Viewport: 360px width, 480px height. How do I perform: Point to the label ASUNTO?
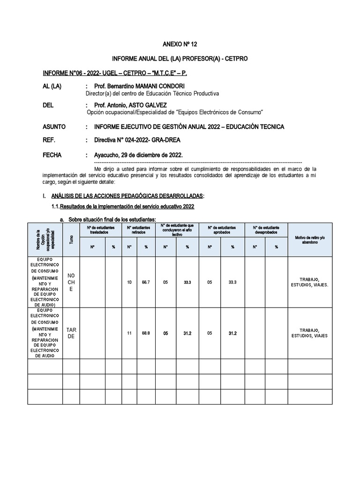[54, 127]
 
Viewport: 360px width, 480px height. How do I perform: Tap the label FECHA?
[52, 155]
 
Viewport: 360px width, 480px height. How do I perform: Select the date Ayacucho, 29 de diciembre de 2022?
[139, 155]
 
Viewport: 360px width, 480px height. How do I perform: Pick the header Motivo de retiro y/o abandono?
[309, 240]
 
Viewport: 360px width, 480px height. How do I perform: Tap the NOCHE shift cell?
[71, 282]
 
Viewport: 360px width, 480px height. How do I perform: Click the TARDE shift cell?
[71, 333]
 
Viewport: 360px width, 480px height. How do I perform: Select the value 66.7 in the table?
[146, 282]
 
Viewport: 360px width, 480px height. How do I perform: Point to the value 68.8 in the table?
[146, 333]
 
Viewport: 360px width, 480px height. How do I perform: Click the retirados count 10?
[129, 282]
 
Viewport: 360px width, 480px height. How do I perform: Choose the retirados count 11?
[129, 333]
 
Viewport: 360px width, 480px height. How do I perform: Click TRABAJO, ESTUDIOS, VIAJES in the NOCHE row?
[309, 282]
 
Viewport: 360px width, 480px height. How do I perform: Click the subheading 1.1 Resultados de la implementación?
[122, 207]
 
